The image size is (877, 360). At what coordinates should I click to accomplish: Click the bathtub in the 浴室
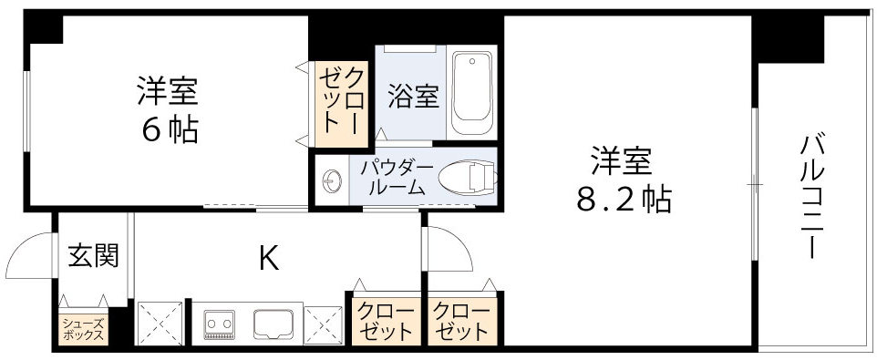pyautogui.click(x=472, y=89)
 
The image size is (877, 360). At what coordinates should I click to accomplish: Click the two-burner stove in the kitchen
pyautogui.click(x=219, y=323)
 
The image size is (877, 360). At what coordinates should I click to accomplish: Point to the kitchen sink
pyautogui.click(x=272, y=323)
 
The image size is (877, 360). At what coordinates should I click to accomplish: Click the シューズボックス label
pyautogui.click(x=83, y=328)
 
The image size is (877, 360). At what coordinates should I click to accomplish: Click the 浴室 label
pyautogui.click(x=414, y=97)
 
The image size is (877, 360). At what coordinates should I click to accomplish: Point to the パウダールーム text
pyautogui.click(x=395, y=178)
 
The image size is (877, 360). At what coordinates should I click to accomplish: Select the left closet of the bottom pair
pyautogui.click(x=383, y=321)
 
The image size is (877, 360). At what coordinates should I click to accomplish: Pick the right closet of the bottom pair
pyautogui.click(x=461, y=321)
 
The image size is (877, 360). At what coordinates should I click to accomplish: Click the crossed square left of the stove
pyautogui.click(x=160, y=322)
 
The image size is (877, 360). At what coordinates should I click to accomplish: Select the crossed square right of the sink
pyautogui.click(x=322, y=323)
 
